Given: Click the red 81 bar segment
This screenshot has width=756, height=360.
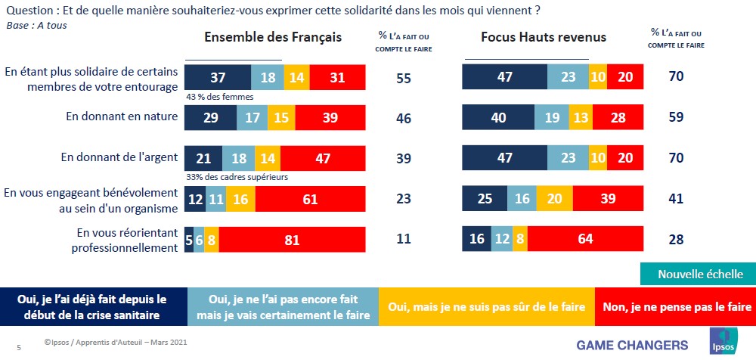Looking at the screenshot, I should (293, 240).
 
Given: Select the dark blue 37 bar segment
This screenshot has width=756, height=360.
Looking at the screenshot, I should (218, 77).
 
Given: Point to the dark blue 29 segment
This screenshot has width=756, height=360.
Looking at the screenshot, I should (211, 117).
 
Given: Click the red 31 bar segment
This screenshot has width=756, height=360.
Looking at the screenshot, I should (337, 77).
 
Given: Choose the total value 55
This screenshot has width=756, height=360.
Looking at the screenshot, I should (404, 77).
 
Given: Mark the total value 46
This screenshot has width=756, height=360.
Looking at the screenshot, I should (404, 118).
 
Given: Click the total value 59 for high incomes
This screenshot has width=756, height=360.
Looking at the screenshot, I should (676, 118).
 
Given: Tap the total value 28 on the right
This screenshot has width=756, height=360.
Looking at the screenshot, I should (676, 240).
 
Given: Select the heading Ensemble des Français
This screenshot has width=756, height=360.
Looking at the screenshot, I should (273, 37).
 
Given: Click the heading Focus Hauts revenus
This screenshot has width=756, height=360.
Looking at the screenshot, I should (543, 37).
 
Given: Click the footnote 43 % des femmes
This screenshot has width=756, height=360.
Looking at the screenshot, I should (219, 97).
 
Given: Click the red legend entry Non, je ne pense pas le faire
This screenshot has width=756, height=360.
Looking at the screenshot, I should (674, 307).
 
